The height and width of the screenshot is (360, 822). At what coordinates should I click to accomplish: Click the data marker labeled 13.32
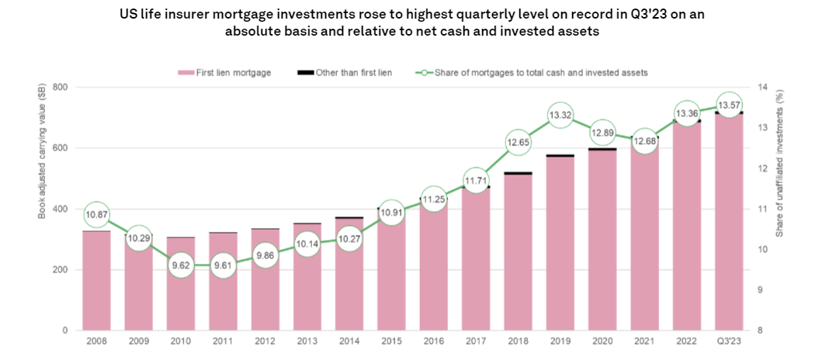560,116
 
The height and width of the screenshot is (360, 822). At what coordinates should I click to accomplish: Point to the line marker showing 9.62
181,265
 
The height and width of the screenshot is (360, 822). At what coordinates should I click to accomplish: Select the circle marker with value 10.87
96,214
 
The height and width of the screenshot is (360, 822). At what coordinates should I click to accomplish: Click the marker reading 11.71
475,181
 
